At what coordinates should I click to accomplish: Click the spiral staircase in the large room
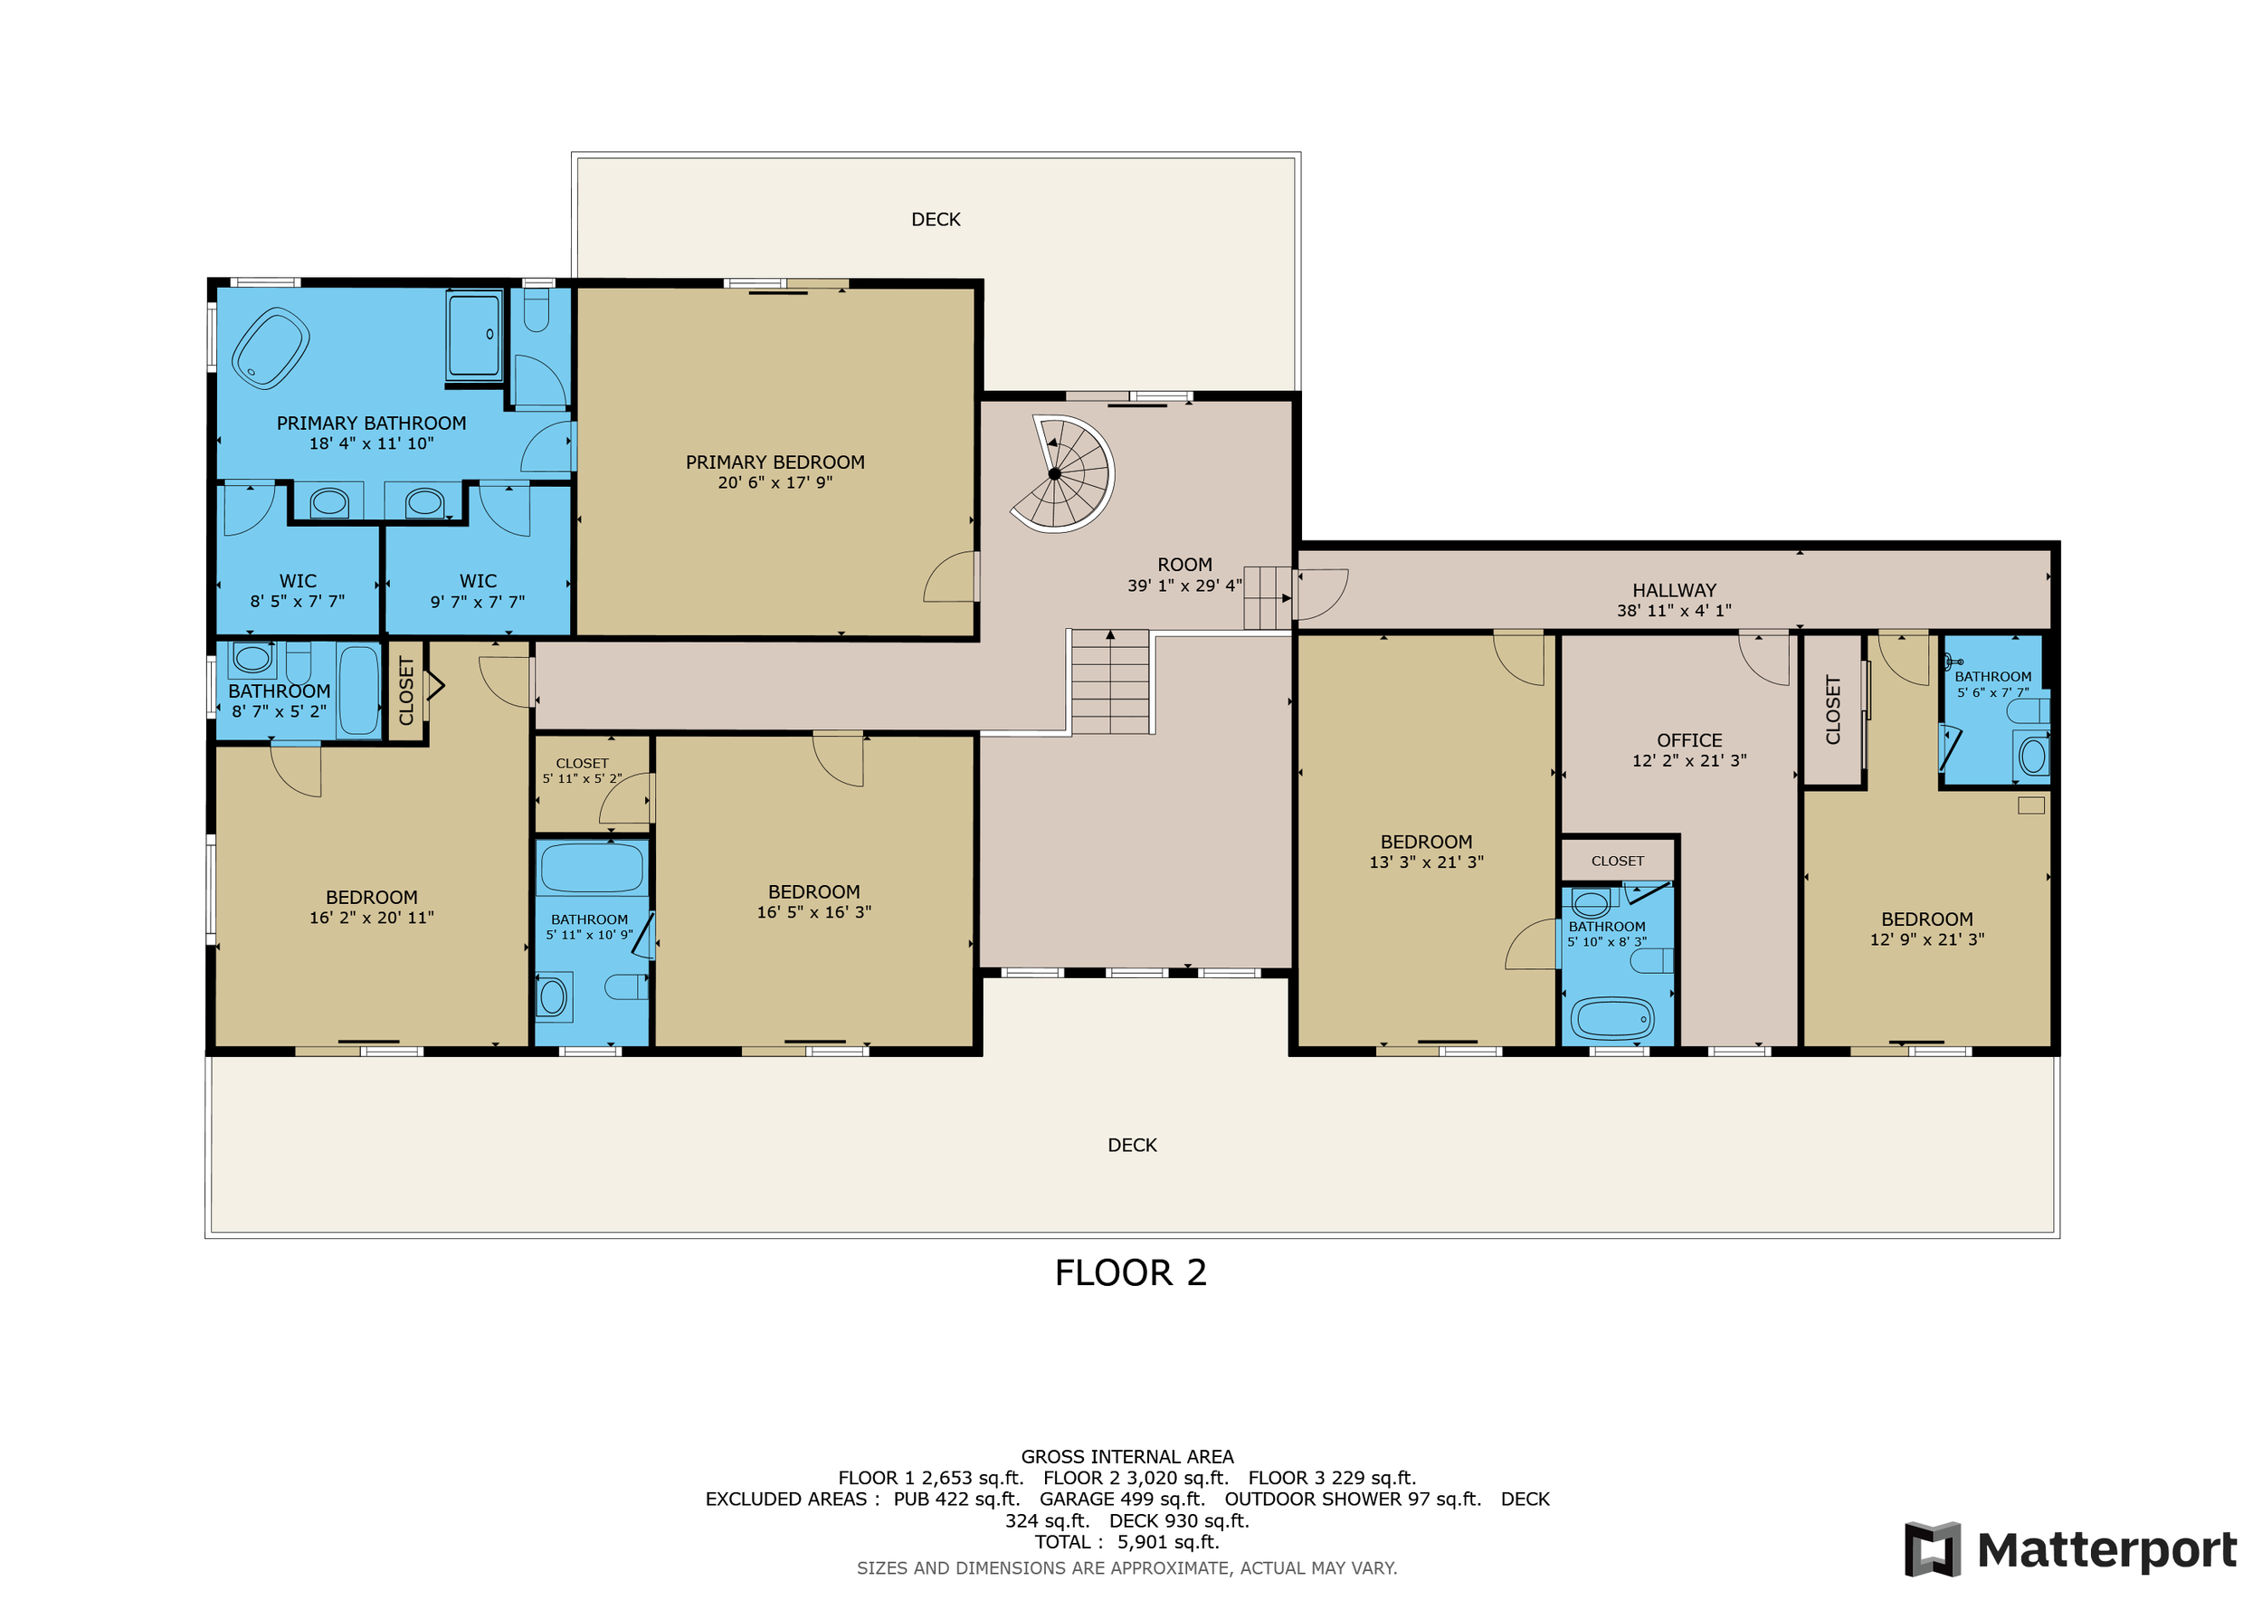[1063, 474]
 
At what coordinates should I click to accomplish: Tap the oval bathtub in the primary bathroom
[270, 348]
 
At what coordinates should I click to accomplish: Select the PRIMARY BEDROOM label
[775, 462]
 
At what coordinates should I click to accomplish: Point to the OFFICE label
[1688, 740]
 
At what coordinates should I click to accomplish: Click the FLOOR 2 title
[1130, 1273]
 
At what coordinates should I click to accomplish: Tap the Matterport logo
[2070, 1549]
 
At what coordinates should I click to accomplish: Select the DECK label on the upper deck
[935, 220]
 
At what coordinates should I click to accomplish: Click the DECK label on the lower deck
[1131, 1145]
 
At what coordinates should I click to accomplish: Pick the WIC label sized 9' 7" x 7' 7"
[478, 581]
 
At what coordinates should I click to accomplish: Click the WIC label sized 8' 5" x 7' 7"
[298, 581]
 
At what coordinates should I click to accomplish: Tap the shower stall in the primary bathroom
[474, 335]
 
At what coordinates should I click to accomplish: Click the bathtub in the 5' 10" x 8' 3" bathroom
[1611, 1019]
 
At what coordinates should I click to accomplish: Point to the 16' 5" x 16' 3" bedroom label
[813, 891]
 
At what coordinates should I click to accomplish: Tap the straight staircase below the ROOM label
[1110, 682]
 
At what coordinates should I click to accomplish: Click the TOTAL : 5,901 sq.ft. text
[1126, 1542]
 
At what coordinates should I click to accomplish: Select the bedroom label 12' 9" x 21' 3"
[1926, 919]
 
